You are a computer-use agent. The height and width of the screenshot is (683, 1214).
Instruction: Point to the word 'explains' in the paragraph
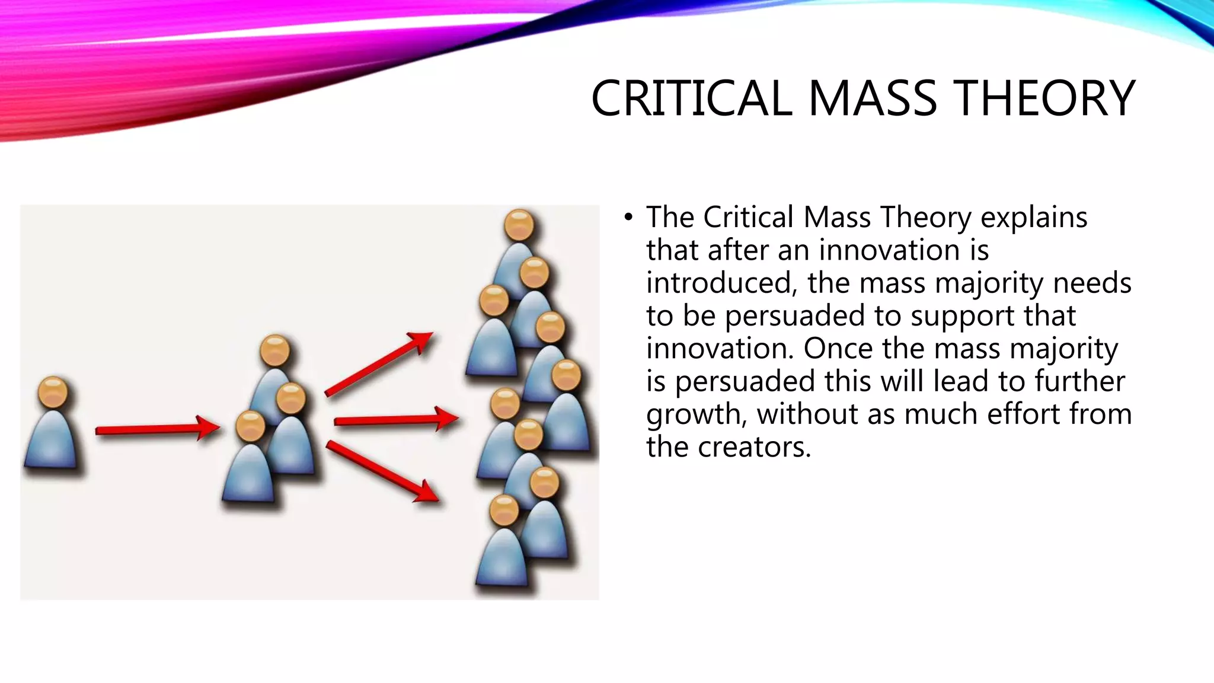tap(1034, 218)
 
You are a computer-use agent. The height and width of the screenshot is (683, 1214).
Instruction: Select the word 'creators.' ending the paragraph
tap(754, 447)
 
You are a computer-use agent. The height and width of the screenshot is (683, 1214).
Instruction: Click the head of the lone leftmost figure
tap(53, 392)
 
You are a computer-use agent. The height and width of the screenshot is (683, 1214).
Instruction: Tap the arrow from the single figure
tap(157, 429)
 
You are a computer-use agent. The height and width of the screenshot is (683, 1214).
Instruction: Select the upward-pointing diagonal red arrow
tap(379, 363)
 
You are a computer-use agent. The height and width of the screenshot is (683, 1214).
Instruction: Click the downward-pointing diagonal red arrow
tap(382, 472)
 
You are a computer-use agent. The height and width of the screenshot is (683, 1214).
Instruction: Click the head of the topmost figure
tap(519, 225)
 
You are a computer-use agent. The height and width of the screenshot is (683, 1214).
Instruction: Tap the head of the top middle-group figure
tap(275, 351)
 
